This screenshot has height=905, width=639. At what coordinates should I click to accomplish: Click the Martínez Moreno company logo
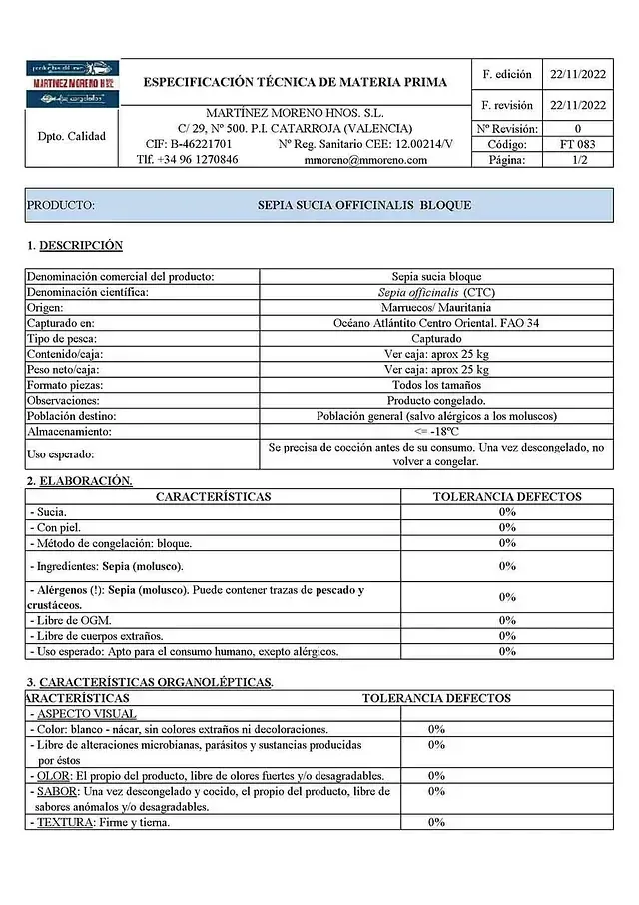(x=69, y=83)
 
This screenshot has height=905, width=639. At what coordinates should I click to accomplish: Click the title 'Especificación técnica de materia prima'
(x=296, y=82)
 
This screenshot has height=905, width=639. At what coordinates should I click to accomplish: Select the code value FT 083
(x=578, y=144)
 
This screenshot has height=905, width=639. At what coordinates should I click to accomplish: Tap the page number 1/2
(x=578, y=159)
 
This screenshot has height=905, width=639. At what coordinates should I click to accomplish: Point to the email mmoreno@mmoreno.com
(x=365, y=159)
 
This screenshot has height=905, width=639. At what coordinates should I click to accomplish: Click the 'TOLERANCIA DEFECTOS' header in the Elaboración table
(x=506, y=496)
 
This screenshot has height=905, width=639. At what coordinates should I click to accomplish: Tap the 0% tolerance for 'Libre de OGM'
(x=506, y=620)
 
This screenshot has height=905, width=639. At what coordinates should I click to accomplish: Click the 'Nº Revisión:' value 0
(x=578, y=129)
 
